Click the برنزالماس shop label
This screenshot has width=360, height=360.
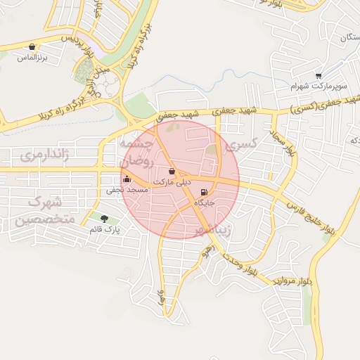[x=32, y=57]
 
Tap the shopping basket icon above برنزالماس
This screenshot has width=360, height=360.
[x=32, y=47]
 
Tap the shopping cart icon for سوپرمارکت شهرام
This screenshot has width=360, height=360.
[x=319, y=76]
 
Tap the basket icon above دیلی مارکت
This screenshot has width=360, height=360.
[x=172, y=172]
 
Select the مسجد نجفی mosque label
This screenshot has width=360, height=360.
[x=127, y=190]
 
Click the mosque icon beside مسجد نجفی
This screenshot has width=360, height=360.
[x=127, y=179]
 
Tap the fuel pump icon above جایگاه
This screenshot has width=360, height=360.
[x=205, y=193]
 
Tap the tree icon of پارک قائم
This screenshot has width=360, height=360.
[x=105, y=219]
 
